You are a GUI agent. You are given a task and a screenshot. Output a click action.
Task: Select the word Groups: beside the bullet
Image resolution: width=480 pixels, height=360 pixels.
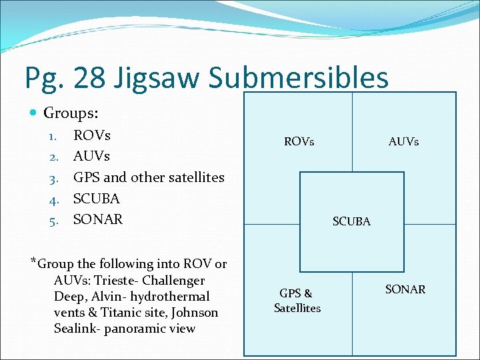coord(71,113)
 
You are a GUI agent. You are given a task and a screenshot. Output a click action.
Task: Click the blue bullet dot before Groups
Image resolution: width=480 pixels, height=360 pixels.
coord(34,114)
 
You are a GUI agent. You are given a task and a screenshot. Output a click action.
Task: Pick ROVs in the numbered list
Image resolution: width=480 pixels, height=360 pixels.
coord(92,135)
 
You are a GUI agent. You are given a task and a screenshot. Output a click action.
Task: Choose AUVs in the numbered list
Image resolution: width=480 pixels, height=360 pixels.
coord(91,156)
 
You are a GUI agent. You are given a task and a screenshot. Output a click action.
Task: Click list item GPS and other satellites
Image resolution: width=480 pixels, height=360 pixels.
coord(149,177)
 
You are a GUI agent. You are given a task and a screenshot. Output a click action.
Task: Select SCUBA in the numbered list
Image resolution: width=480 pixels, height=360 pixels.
coord(97,199)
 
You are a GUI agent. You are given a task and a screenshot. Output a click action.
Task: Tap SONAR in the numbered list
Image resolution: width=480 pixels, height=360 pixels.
coord(98,219)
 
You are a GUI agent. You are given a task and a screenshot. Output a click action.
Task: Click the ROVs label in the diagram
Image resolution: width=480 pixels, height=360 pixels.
coord(299,141)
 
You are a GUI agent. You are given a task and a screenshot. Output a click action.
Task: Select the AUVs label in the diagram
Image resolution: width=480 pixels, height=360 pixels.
coord(403,141)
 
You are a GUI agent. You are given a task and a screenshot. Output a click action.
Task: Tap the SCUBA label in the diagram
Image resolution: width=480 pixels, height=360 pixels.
coord(351,221)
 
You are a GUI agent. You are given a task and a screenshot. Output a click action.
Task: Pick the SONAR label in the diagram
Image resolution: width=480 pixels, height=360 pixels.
coord(405,289)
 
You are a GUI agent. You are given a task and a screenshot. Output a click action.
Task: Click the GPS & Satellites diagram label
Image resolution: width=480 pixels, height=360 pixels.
coord(297,301)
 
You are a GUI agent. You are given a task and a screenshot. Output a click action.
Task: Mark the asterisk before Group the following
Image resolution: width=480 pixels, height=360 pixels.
coord(33,260)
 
